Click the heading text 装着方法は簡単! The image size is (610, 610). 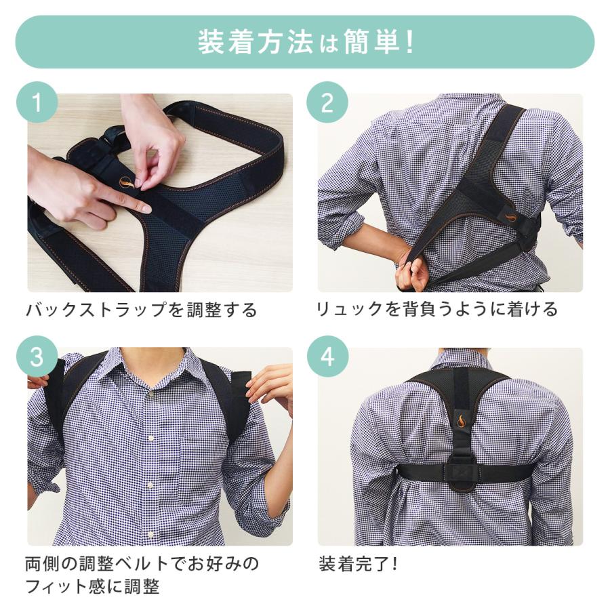pos(305,42)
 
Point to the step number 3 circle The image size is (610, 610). pos(36,357)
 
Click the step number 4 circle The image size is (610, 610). pos(327,357)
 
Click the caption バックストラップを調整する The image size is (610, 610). pos(142,310)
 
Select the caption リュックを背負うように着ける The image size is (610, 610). pos(437,310)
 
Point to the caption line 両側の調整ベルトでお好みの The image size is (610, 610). pos(142,564)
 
